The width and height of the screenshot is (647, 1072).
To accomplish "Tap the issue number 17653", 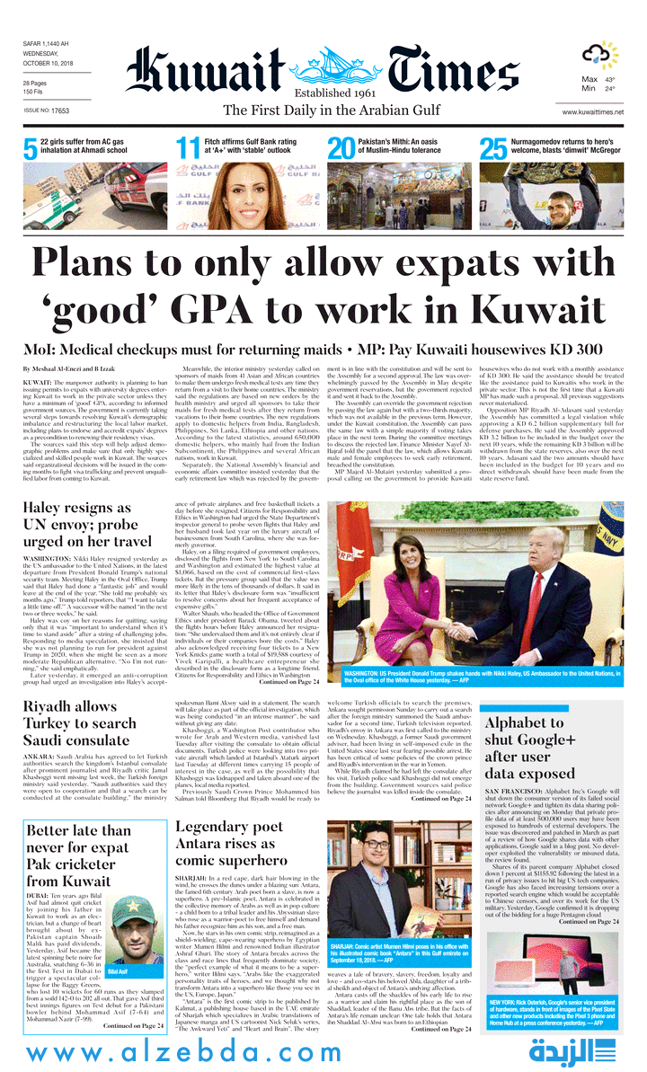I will click(60, 111).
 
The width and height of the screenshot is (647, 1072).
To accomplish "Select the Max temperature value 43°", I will click(609, 79).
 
